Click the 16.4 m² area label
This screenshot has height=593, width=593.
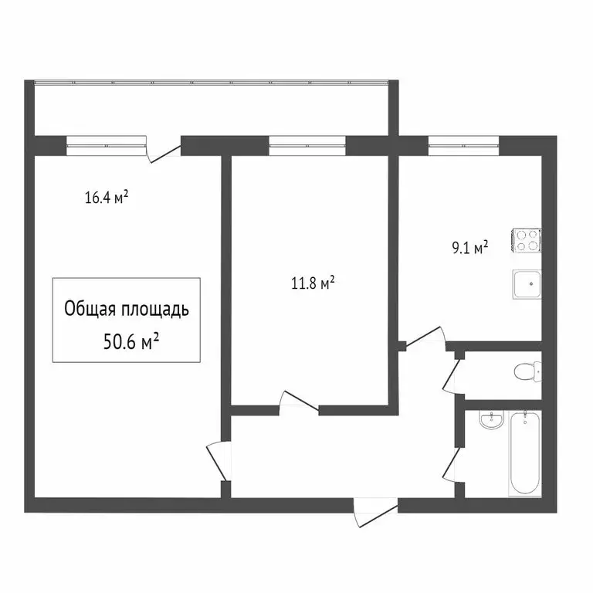[106, 198]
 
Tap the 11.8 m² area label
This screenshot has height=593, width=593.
[312, 283]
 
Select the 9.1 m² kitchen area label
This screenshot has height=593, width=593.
[469, 248]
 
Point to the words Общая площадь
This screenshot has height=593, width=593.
[126, 310]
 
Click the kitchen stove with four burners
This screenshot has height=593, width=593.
[527, 242]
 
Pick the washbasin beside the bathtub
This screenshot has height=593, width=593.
[490, 421]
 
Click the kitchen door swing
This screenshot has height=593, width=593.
[425, 338]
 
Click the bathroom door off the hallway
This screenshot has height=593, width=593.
[453, 463]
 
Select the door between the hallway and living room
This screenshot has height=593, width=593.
[219, 460]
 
